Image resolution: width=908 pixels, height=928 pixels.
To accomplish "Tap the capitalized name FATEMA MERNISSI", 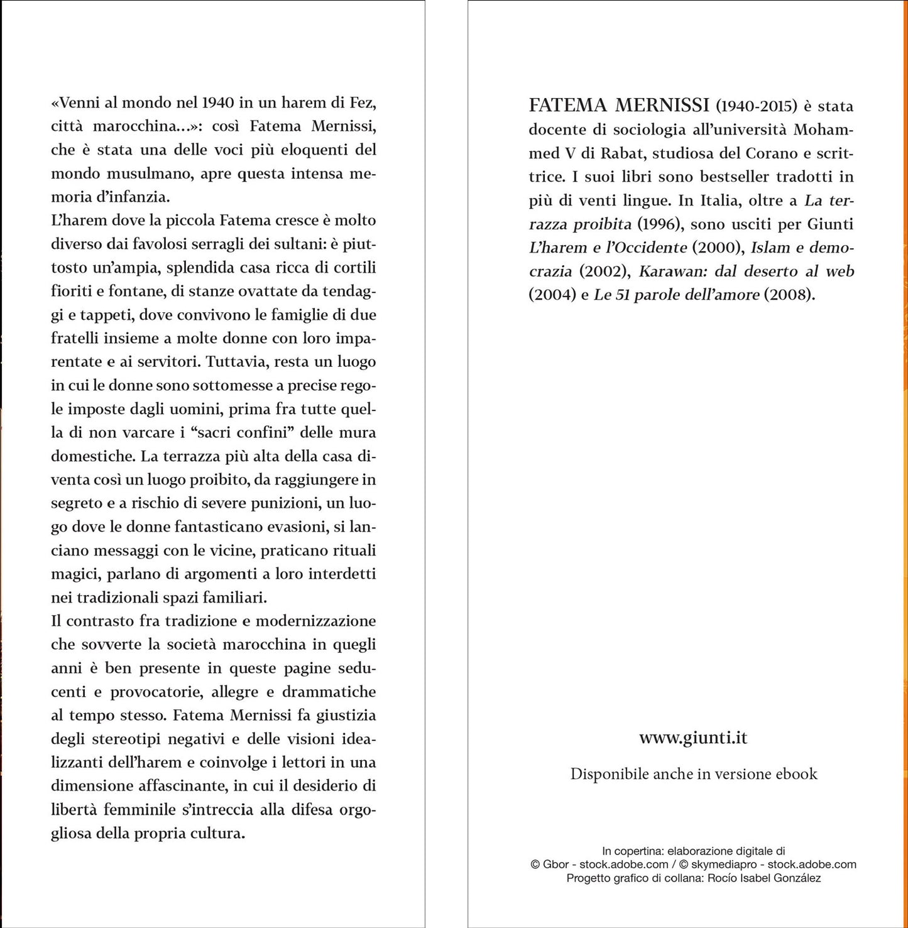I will [x=619, y=105].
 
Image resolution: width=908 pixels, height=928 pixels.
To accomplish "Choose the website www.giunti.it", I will [x=693, y=737].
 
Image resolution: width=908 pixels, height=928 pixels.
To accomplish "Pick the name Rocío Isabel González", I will [x=763, y=878].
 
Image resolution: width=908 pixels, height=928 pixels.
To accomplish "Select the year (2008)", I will [x=789, y=295].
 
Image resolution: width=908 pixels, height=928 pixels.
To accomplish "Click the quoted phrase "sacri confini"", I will [x=247, y=432].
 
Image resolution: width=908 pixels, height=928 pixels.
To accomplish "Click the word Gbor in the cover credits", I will [x=555, y=865].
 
